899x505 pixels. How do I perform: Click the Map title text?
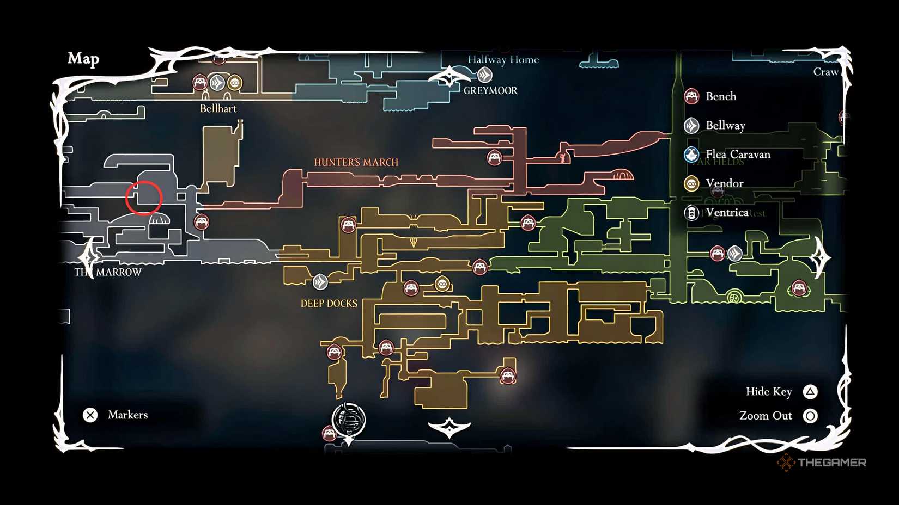point(83,58)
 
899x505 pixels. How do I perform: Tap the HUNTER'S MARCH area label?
point(356,162)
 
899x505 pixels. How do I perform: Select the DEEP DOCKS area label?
point(329,304)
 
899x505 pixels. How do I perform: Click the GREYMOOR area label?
point(490,91)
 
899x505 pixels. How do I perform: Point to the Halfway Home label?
point(503,60)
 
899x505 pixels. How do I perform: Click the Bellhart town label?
point(218,108)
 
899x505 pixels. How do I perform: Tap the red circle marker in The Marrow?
point(144,198)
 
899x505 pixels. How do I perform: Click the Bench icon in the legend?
point(691,96)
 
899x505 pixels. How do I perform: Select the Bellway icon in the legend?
point(691,126)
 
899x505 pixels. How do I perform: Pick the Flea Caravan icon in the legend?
point(691,155)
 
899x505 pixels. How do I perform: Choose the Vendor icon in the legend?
point(691,183)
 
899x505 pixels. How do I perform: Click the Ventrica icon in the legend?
point(691,213)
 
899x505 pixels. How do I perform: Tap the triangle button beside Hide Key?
point(810,392)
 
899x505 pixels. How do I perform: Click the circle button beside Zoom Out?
point(810,416)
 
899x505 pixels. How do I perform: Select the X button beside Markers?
point(90,415)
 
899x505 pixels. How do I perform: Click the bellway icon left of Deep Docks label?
point(320,282)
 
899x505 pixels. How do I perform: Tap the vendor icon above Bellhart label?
point(235,83)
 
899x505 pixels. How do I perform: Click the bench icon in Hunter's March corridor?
point(494,158)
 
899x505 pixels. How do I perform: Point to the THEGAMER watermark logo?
point(822,463)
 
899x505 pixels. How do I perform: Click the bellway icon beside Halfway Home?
point(484,75)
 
